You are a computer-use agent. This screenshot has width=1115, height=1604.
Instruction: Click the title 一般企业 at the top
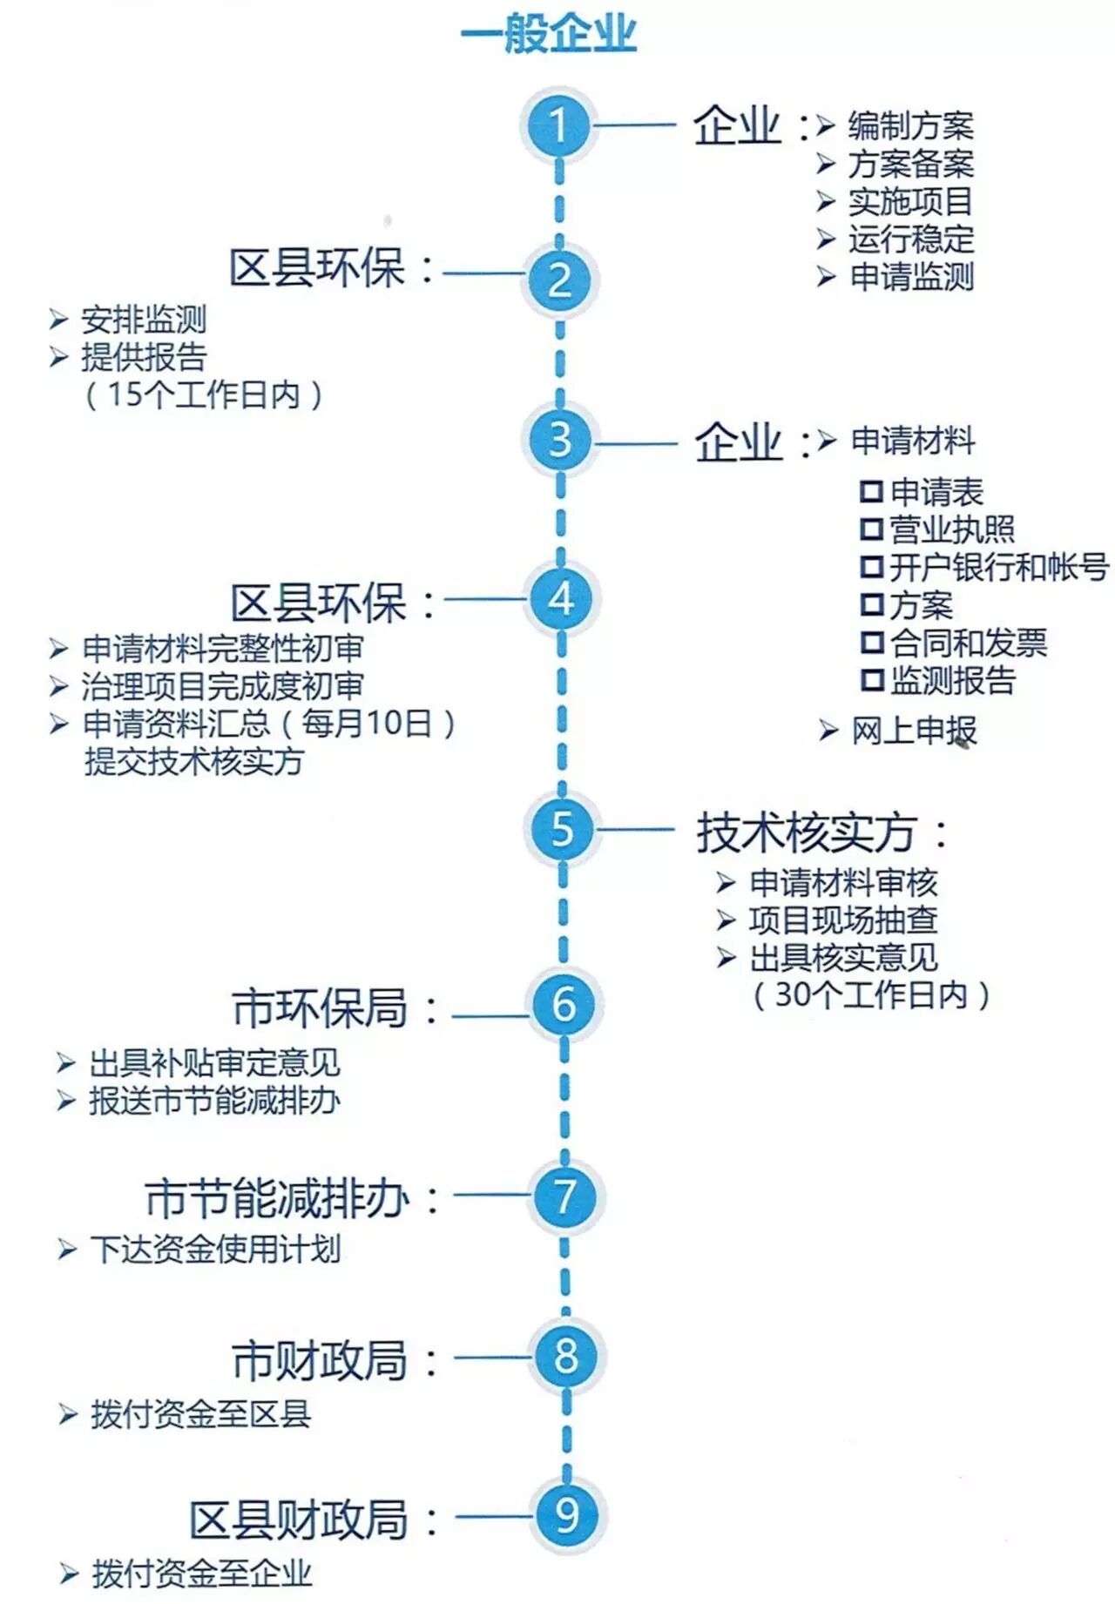pos(549,35)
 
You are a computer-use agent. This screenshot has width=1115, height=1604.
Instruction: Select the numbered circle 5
pos(562,828)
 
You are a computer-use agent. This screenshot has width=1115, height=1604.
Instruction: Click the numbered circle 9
pos(567,1514)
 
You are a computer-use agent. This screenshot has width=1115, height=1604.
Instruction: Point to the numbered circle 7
pos(565,1196)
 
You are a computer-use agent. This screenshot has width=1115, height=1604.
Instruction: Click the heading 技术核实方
pos(806,832)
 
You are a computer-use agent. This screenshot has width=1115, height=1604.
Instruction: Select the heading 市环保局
pos(320,1008)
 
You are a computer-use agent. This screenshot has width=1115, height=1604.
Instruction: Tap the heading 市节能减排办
pos(277,1198)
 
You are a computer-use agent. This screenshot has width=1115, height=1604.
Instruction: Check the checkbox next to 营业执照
pos(871,529)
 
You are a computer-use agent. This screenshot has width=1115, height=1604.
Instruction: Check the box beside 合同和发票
pos(871,643)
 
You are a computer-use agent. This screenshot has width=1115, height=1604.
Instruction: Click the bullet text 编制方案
pos(910,126)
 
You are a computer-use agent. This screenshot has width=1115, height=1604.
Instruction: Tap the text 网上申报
pos(914,731)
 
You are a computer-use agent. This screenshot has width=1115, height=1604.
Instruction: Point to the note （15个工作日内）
pos(204,394)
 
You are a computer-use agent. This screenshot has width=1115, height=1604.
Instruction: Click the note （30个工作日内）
pos(871,994)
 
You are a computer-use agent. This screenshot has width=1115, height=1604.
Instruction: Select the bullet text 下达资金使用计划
pos(215,1250)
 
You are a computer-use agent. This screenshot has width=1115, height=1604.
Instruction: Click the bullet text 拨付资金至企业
pos(201,1574)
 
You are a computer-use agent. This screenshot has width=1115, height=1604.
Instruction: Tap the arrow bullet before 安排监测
pos(58,320)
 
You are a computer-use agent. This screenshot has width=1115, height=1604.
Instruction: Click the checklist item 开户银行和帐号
pos(998,567)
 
